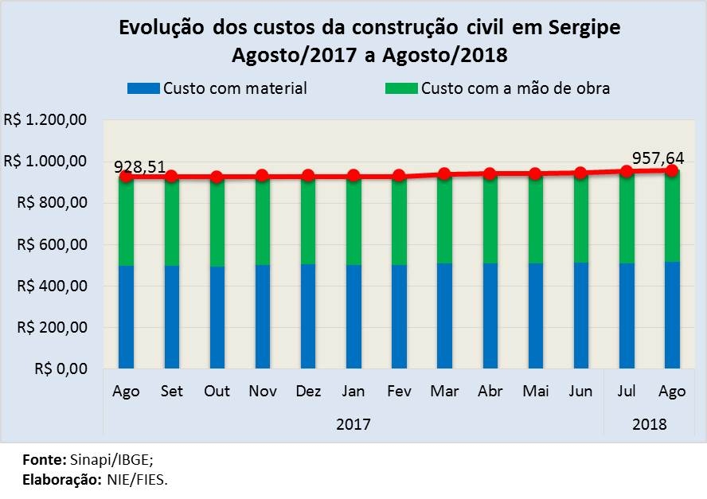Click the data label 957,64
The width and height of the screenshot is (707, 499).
click(658, 157)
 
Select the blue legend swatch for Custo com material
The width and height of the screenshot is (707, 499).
click(143, 88)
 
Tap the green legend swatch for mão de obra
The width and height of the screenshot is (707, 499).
click(400, 88)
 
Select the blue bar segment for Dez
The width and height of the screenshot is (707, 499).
click(308, 316)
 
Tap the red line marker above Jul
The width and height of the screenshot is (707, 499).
click(627, 171)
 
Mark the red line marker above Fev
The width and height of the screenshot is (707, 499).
click(399, 175)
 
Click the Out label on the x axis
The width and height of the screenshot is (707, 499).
click(217, 391)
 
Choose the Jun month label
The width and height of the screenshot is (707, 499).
click(580, 391)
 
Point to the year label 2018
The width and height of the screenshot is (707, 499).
click(650, 424)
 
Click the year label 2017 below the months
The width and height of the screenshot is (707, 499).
click(353, 424)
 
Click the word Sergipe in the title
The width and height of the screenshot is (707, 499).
click(584, 28)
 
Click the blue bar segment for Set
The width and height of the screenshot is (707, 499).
click(172, 316)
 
